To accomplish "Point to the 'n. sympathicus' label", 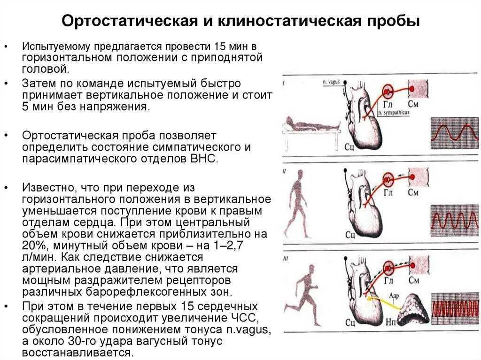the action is (x=393, y=113).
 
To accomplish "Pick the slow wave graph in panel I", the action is (x=454, y=133).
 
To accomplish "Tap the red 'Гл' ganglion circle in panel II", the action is (x=388, y=177).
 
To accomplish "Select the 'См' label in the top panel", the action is (x=413, y=104).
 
